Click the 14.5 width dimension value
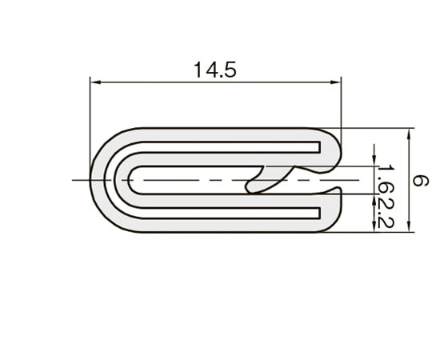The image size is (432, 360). (x=214, y=70)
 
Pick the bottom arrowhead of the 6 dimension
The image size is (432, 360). (x=408, y=228)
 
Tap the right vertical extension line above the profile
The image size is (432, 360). (x=342, y=104)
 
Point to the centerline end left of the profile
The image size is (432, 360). (x=74, y=180)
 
